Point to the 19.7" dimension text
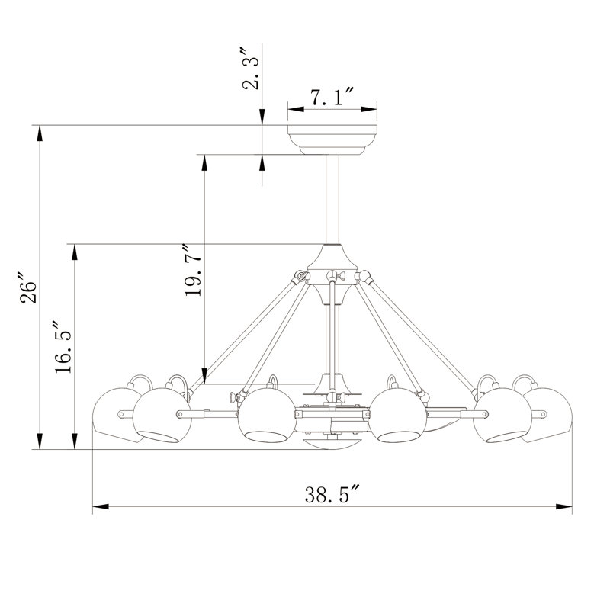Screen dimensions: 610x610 (x=193, y=271)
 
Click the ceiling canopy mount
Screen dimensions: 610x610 (x=332, y=140)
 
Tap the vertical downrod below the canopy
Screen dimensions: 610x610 (x=332, y=198)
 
